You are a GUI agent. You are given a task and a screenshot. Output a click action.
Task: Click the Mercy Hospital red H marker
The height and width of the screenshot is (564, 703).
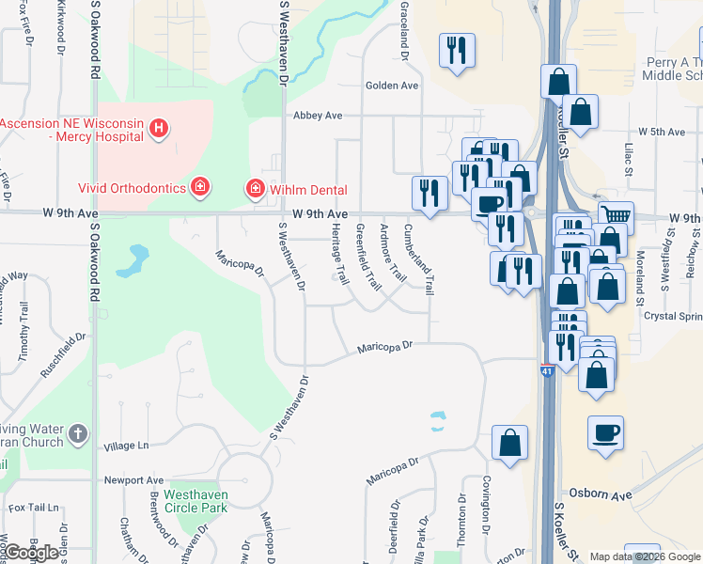[159, 128]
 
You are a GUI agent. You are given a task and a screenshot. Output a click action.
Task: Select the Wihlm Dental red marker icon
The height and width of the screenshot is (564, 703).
[254, 189]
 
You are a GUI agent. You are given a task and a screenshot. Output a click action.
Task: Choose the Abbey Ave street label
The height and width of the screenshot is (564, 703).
[316, 116]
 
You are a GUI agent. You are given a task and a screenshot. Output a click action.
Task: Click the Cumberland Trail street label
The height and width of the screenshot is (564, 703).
[418, 258]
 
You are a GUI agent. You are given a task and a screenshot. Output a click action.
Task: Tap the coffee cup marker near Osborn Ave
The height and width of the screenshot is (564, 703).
[605, 432]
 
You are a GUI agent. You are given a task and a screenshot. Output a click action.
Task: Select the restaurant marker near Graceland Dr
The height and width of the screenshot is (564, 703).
[458, 50]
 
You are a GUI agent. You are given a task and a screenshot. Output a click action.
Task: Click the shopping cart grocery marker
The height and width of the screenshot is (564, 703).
[616, 217]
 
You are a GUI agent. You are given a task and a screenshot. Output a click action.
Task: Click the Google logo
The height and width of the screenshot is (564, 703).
[31, 553]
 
